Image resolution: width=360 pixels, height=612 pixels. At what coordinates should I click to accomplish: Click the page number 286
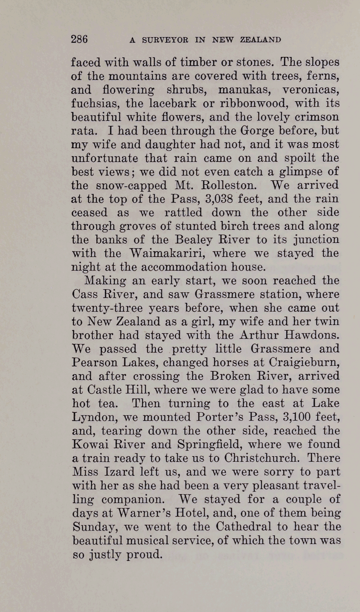click(x=79, y=39)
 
